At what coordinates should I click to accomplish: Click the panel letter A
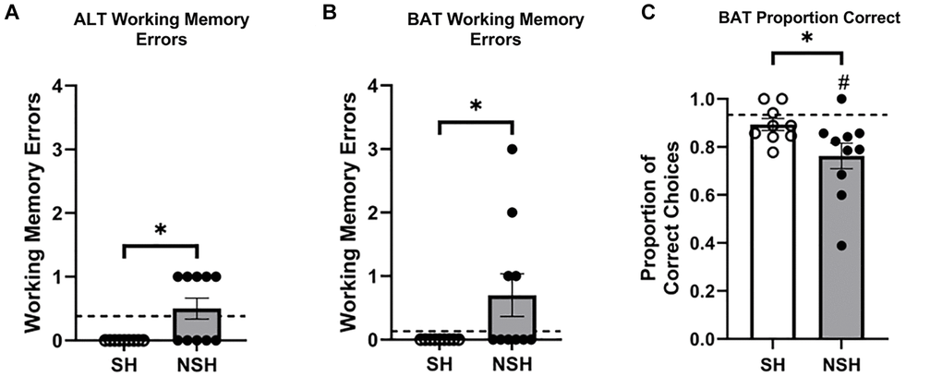click(11, 13)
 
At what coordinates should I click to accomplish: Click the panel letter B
click(330, 13)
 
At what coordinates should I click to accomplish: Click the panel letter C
click(648, 13)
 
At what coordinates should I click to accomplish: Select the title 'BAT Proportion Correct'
click(809, 18)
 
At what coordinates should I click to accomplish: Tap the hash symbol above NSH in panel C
click(841, 79)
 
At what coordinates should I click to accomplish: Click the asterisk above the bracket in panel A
click(161, 230)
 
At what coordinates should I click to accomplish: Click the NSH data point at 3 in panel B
click(512, 149)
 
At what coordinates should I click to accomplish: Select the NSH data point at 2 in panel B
click(512, 213)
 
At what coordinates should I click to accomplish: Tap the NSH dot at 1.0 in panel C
click(841, 99)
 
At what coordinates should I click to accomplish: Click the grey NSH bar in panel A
click(198, 324)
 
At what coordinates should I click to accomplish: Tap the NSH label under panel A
click(198, 364)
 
